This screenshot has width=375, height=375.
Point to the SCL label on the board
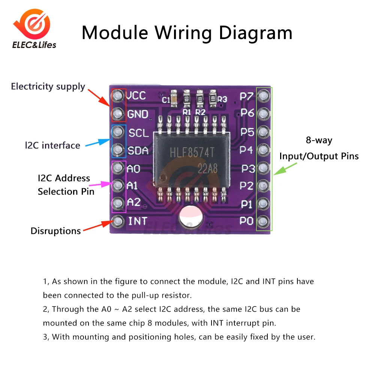[x=138, y=132]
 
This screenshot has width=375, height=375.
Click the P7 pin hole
[x=264, y=96]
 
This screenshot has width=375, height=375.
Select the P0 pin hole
[x=264, y=220]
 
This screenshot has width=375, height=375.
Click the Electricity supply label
[x=48, y=87]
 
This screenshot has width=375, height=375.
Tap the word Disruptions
[x=55, y=231]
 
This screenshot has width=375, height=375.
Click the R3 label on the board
[x=223, y=99]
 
